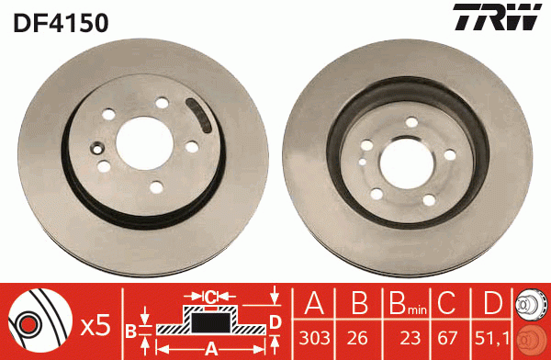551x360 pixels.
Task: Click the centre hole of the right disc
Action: pyautogui.click(x=400, y=162)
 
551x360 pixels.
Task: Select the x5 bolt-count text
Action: pyautogui.click(x=96, y=324)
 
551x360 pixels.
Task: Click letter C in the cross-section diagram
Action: pyautogui.click(x=211, y=297)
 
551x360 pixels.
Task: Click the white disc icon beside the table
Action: pyautogui.click(x=530, y=305)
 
